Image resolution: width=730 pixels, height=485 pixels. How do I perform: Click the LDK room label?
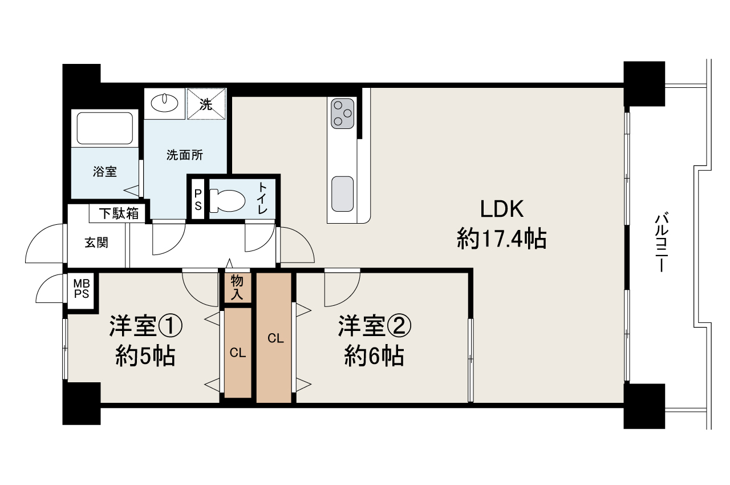[x=501, y=209]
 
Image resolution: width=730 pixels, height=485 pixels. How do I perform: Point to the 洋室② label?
[x=374, y=326]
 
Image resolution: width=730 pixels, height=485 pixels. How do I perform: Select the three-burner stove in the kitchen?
[x=343, y=114]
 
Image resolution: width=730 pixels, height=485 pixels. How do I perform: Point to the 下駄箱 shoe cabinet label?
[x=119, y=214]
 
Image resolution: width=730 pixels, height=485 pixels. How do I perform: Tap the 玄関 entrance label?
[x=96, y=242]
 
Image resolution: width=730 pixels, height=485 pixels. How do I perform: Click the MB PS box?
[x=82, y=289]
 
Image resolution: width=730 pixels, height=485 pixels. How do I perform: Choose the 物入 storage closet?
[x=237, y=288]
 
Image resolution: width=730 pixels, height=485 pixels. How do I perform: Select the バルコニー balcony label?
[x=662, y=242]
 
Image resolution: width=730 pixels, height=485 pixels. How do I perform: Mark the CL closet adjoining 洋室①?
[x=238, y=353]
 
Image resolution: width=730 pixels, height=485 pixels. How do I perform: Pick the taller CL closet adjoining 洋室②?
[x=274, y=338]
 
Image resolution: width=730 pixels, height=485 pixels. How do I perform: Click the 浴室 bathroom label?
[x=105, y=171]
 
